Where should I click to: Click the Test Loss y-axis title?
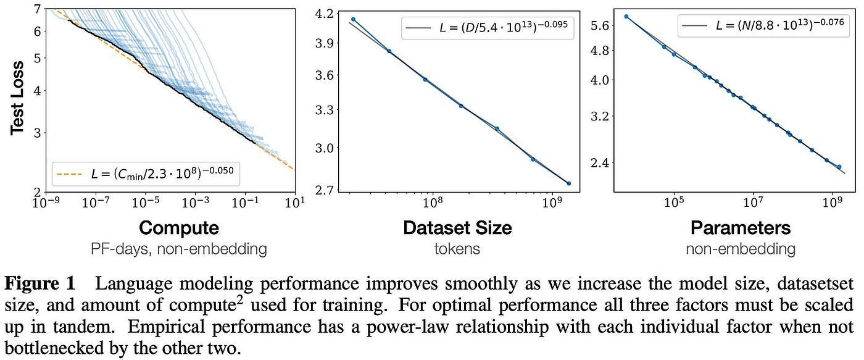[x=18, y=98]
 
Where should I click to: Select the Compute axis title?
[x=178, y=228]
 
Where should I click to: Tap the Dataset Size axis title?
[x=457, y=228]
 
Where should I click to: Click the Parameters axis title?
[x=740, y=228]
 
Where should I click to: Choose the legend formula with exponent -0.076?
[x=771, y=27]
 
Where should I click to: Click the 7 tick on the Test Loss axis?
[x=38, y=9]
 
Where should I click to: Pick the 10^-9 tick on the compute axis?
[x=47, y=203]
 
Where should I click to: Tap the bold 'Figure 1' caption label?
[x=39, y=285]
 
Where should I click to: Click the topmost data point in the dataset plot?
[x=353, y=20]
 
